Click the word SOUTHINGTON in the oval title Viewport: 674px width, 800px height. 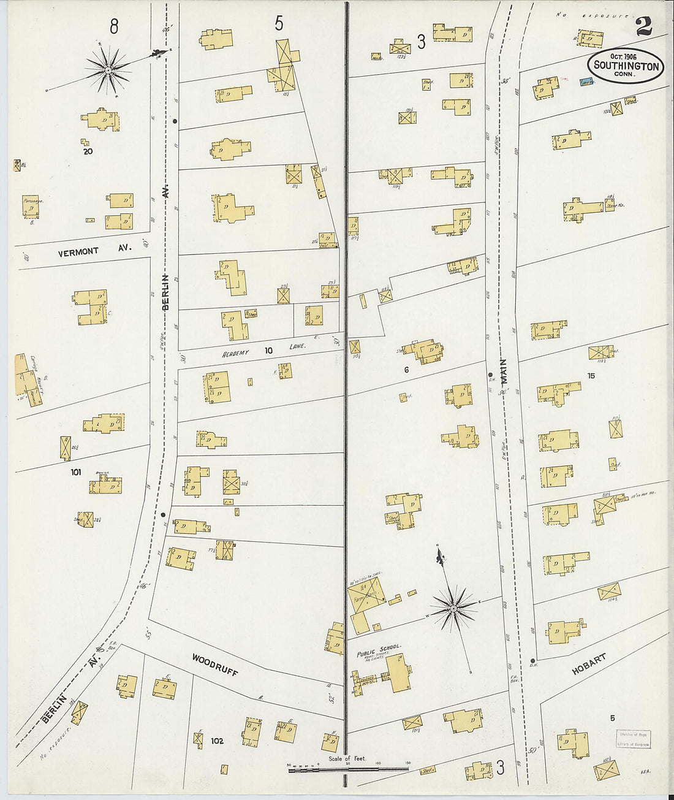[626, 66]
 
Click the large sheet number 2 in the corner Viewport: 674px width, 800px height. [644, 26]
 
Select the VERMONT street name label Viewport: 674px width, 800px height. [78, 252]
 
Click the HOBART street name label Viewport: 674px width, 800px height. [589, 664]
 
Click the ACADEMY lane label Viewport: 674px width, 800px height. [235, 352]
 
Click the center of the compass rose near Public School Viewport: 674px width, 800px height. [453, 609]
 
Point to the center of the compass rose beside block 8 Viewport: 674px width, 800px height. [108, 70]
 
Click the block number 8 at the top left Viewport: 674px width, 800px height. [114, 26]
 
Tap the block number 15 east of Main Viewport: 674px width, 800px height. [591, 376]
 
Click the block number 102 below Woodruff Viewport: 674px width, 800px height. [217, 741]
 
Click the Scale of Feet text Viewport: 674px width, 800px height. [347, 759]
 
